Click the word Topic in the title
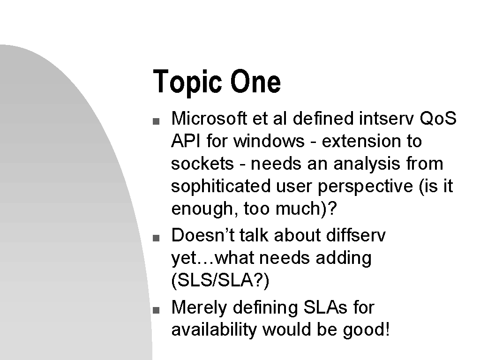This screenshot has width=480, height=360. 187,82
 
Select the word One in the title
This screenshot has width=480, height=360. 255,82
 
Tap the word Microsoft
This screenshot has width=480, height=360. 209,118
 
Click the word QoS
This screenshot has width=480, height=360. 438,118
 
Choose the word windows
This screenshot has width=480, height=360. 269,141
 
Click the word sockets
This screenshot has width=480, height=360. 202,164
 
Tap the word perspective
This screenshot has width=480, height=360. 365,187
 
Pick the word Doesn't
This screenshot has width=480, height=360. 202,235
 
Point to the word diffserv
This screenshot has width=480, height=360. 356,235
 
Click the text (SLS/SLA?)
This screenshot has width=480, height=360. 220,280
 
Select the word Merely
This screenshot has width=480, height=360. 199,307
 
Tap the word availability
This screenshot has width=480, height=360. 214,330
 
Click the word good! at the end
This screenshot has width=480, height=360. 367,330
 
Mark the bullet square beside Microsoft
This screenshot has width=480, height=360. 156,121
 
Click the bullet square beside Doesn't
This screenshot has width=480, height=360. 156,238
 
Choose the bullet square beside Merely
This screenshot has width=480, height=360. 156,310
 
